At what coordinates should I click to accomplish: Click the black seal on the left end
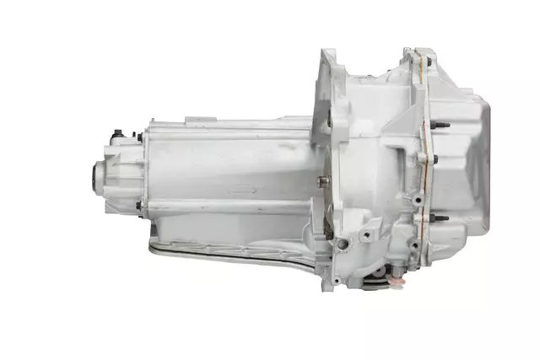(94, 176)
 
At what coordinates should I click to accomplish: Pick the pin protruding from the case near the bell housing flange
(321, 180)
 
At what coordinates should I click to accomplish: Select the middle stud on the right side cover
(435, 158)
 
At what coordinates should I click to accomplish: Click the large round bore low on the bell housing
(342, 244)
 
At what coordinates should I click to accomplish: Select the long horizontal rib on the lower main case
(228, 202)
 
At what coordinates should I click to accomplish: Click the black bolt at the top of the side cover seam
(428, 61)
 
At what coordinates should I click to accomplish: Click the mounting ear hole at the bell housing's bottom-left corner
(335, 279)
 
